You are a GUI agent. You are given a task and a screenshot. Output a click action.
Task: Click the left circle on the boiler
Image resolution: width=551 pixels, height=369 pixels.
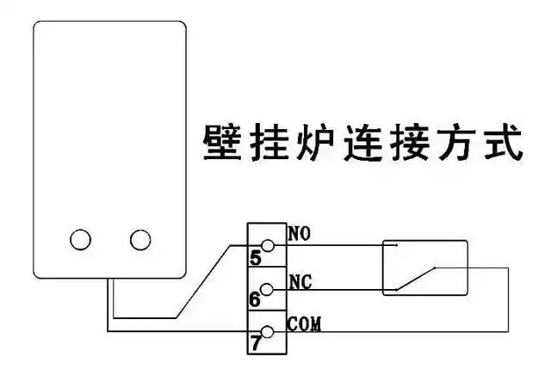coord(82,238)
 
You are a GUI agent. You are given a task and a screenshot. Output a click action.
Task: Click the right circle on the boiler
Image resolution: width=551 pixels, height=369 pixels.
coord(139,238)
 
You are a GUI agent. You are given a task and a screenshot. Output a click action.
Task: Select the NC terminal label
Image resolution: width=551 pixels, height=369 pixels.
coord(299,281)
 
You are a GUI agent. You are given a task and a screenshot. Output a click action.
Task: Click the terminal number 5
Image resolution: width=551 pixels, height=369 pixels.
coord(255,257)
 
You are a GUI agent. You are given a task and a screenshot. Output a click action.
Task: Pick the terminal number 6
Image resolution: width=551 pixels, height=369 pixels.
coord(255,300)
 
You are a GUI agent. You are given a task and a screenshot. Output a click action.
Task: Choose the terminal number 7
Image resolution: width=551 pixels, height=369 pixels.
coord(255,342)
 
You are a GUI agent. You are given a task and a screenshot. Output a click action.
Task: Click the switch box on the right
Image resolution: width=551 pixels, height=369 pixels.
coord(424,268)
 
